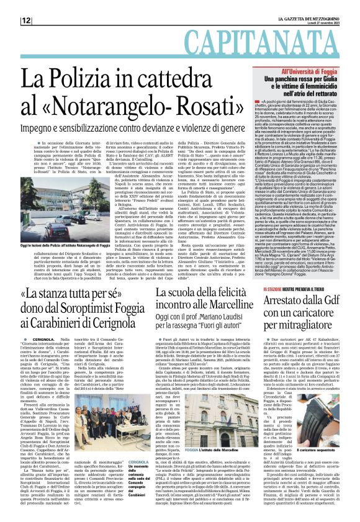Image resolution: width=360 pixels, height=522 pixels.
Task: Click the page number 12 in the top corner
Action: tap(11, 20)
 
